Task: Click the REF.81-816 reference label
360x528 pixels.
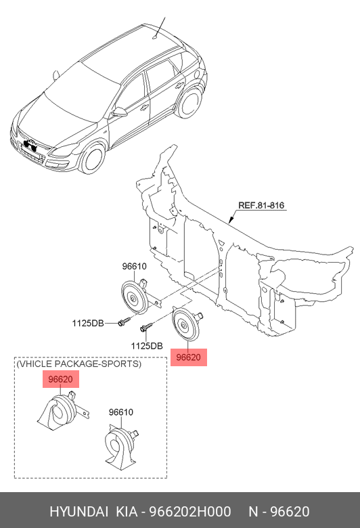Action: (x=261, y=205)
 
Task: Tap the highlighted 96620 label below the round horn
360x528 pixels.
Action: (x=189, y=357)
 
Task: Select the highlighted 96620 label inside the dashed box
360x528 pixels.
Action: (x=61, y=379)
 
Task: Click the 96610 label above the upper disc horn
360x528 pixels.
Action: (x=135, y=266)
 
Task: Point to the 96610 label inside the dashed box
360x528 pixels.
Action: (x=121, y=412)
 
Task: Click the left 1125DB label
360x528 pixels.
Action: (x=88, y=324)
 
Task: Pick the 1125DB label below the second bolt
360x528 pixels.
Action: (x=147, y=346)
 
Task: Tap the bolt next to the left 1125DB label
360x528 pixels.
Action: (x=124, y=321)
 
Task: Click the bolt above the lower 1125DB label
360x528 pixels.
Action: (x=147, y=327)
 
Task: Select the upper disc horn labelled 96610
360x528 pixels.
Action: (x=138, y=296)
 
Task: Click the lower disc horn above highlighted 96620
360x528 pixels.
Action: (x=186, y=324)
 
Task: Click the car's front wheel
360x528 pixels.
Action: (x=92, y=159)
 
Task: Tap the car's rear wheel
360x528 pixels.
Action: (x=189, y=102)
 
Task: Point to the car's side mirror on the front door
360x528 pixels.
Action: (x=119, y=112)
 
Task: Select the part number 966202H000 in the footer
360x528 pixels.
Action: (x=190, y=512)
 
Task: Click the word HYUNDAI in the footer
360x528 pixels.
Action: (x=79, y=512)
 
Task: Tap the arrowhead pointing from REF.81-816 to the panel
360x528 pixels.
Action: (x=231, y=220)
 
